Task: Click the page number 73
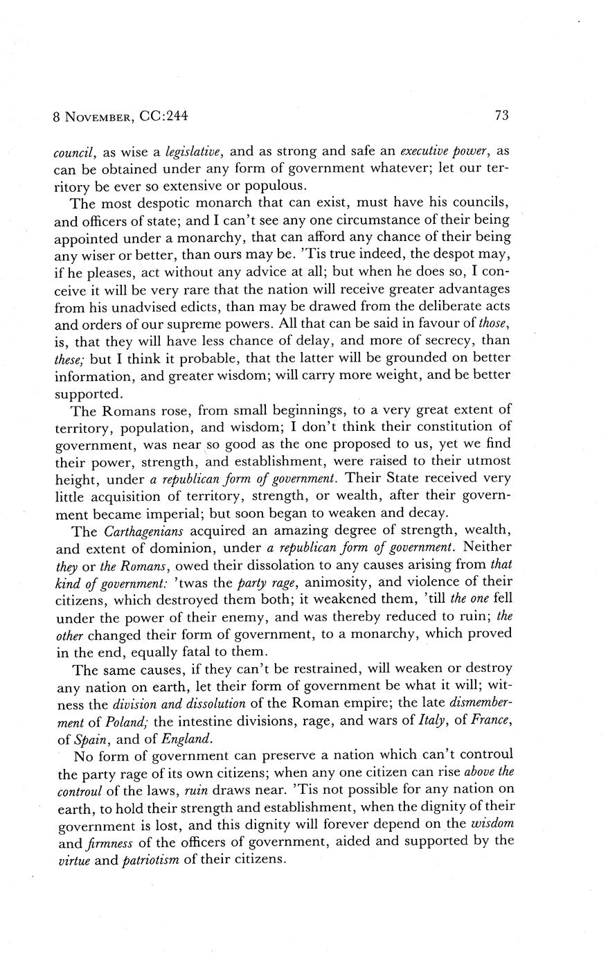pyautogui.click(x=502, y=116)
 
